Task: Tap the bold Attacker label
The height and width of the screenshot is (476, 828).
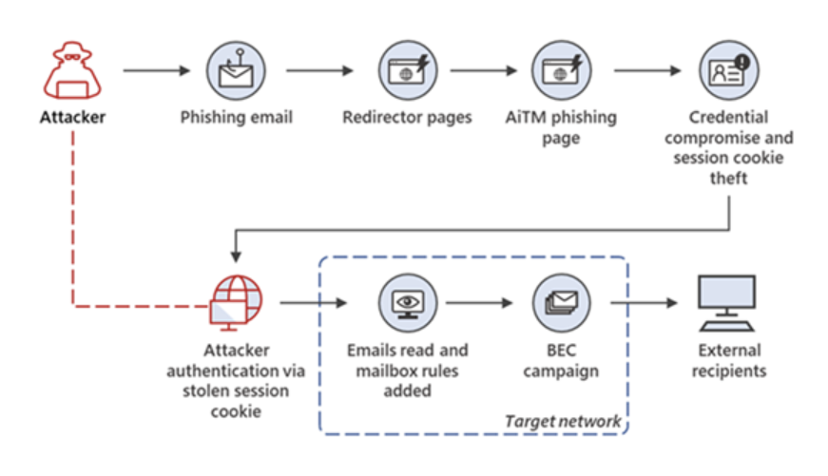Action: click(x=73, y=119)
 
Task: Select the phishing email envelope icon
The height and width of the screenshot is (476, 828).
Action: click(x=236, y=71)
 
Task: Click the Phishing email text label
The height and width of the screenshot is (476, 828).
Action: click(x=236, y=119)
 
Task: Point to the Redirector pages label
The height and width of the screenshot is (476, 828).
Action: click(x=407, y=119)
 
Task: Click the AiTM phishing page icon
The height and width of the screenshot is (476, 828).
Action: click(x=562, y=71)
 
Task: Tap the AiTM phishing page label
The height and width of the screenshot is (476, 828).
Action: click(x=561, y=127)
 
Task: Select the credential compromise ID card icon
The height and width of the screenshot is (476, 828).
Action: click(x=728, y=71)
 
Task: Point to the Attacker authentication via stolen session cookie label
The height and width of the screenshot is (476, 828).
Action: click(x=234, y=380)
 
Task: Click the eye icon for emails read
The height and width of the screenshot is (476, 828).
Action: click(x=407, y=301)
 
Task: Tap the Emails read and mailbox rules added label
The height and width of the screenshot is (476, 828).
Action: click(x=407, y=371)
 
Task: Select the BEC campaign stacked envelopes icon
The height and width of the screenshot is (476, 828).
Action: click(x=561, y=301)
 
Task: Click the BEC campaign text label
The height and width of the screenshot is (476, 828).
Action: click(x=561, y=361)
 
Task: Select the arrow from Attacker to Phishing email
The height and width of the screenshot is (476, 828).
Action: click(x=158, y=71)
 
